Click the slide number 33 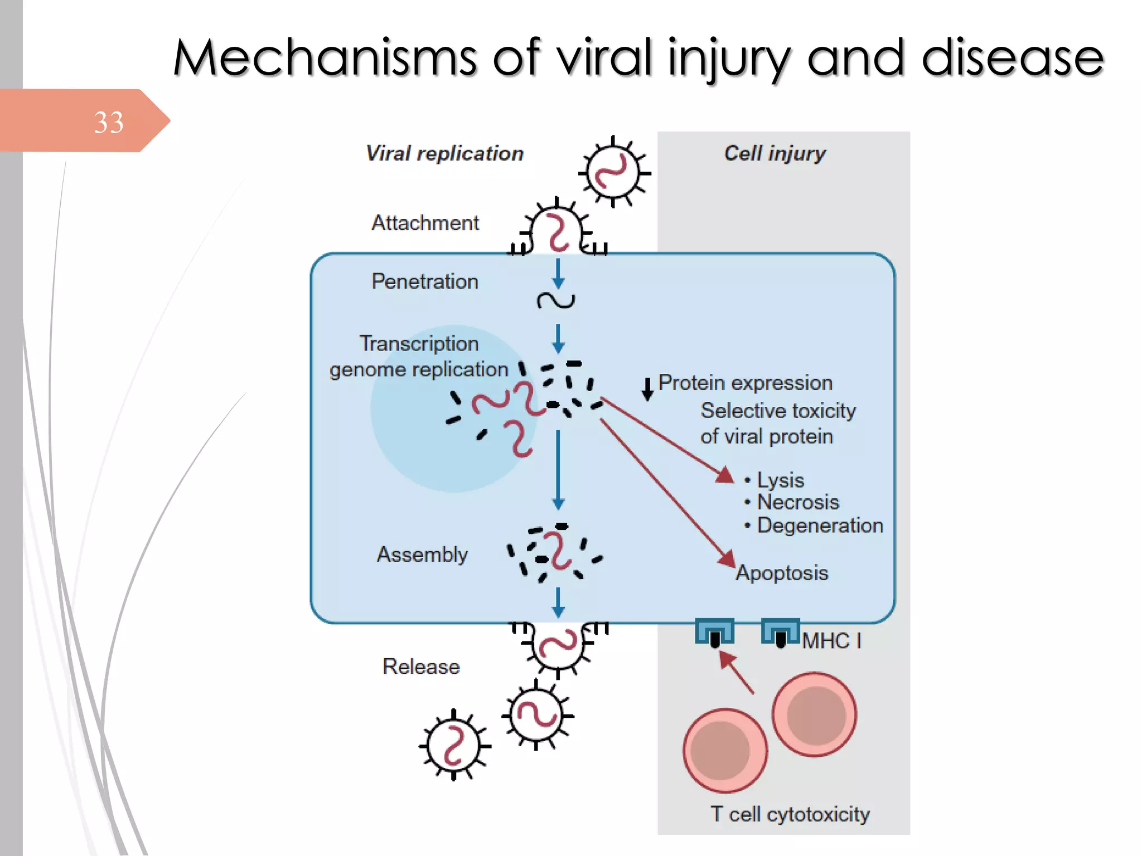[x=108, y=122]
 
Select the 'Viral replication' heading [x=444, y=153]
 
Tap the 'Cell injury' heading [x=775, y=153]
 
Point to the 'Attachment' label [x=425, y=223]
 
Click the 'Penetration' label [x=425, y=281]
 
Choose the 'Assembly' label [x=422, y=555]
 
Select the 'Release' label [x=421, y=667]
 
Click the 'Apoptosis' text [x=782, y=573]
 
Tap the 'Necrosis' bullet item [x=797, y=502]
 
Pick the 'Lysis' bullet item [x=780, y=480]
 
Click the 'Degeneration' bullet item [x=820, y=526]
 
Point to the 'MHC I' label [x=831, y=641]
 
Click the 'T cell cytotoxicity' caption [x=790, y=814]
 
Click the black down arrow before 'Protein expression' [x=647, y=389]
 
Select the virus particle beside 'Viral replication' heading [x=614, y=172]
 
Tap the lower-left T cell [x=724, y=750]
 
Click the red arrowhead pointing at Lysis [x=725, y=475]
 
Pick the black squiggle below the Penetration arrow [x=555, y=301]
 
